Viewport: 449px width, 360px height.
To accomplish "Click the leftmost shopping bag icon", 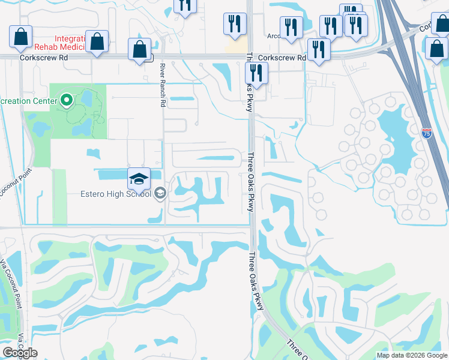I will (x=21, y=37).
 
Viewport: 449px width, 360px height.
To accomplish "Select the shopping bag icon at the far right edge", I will (x=436, y=49).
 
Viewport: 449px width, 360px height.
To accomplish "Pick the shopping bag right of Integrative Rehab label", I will (x=97, y=41).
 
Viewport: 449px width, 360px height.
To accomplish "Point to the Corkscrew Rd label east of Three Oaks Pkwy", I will (x=282, y=58).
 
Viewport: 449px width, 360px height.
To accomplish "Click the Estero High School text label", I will (x=116, y=194).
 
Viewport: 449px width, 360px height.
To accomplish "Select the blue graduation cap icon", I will (x=138, y=178).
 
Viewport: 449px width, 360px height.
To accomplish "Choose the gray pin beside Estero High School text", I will (x=160, y=193).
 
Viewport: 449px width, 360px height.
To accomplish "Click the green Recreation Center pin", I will (x=67, y=100).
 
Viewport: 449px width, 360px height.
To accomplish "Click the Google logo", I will (x=20, y=352).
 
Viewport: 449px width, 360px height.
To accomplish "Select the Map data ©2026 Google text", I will (x=412, y=355).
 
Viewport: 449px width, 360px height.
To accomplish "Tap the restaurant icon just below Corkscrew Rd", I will (x=256, y=73).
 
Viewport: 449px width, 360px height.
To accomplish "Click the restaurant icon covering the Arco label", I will (x=291, y=28).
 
